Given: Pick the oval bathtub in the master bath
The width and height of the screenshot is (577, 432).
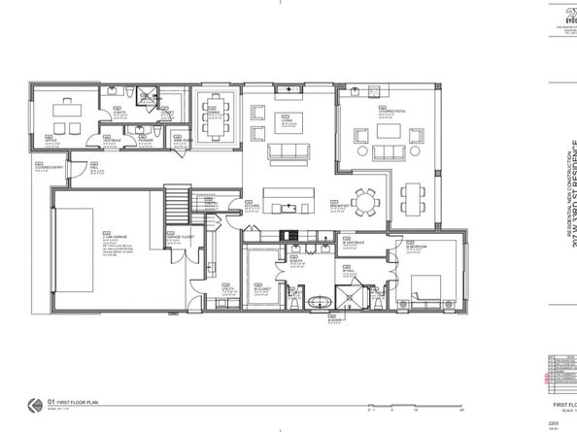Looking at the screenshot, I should click(x=320, y=304).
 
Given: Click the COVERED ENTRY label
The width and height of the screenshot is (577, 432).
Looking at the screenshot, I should click(x=45, y=167).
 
